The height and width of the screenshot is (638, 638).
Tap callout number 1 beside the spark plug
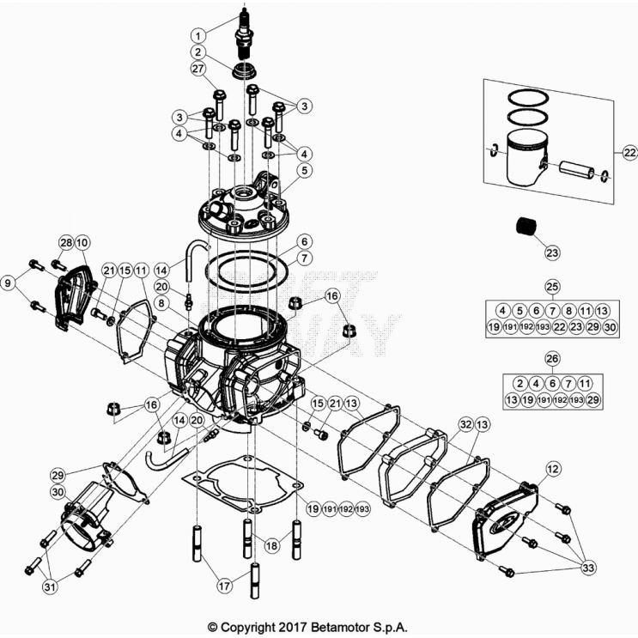198,35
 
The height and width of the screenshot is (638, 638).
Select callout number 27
198,70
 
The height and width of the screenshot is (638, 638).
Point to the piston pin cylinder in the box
580,170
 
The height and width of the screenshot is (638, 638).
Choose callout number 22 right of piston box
629,153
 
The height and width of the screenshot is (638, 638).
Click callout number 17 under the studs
223,586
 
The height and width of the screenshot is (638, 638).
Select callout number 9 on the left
9,283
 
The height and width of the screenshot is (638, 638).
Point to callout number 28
65,243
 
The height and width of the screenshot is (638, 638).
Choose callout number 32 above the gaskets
465,424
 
